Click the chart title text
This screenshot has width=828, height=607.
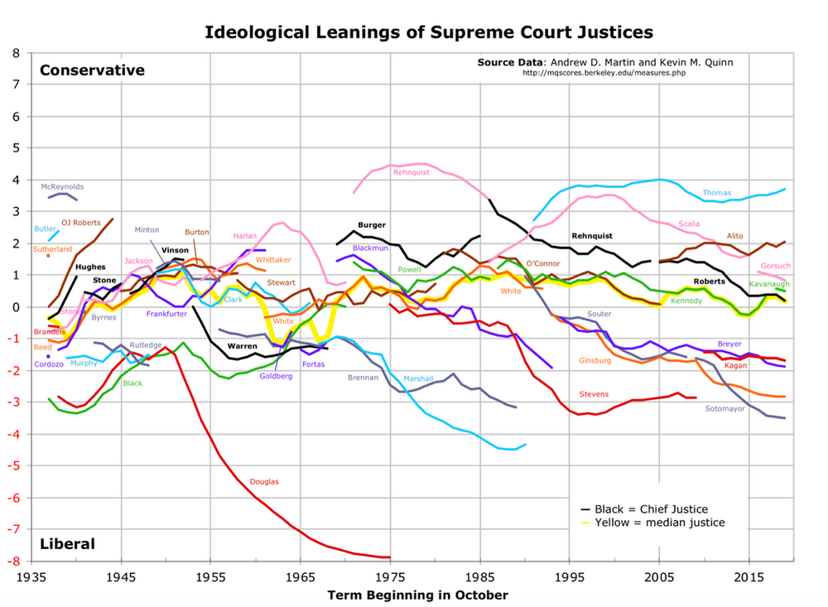(429, 32)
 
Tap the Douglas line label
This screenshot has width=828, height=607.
(264, 481)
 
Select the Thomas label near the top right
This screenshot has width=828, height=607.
(716, 193)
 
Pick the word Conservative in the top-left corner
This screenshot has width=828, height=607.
(92, 70)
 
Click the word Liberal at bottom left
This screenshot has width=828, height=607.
(67, 544)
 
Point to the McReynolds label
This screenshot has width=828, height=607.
(62, 187)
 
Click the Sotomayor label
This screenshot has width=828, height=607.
(726, 408)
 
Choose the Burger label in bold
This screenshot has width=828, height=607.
(372, 224)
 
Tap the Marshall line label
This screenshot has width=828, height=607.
(418, 378)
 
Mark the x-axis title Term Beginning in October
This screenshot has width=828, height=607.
(417, 595)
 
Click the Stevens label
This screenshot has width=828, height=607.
(594, 393)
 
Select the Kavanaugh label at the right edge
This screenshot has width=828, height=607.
(769, 284)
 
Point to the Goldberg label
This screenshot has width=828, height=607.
(277, 375)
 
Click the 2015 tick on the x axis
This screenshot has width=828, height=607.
(749, 577)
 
